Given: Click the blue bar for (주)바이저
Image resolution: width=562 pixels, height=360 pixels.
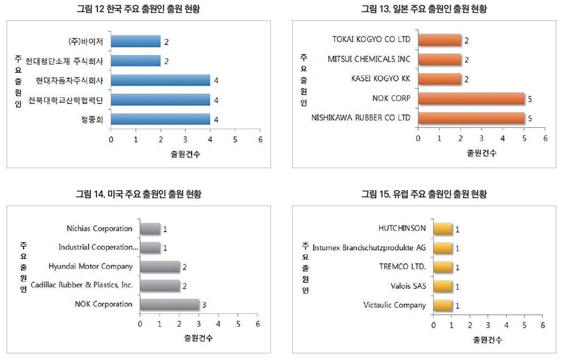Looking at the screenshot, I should tap(135, 42).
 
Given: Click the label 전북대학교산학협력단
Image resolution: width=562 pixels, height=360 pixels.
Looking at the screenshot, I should tap(66, 100).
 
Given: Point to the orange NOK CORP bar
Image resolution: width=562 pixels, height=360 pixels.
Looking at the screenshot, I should tap(471, 99).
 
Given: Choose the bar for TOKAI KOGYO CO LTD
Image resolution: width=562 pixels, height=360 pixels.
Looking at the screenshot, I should tap(439, 40).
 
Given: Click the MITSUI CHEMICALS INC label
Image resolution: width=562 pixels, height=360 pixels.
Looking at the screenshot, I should tap(369, 59).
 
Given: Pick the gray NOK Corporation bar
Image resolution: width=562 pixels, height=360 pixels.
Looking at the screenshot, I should tap(169, 304).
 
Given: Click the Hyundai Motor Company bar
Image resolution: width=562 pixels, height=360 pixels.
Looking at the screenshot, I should tap(160, 266).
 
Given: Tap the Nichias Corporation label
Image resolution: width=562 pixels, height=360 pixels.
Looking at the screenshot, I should tap(99, 229).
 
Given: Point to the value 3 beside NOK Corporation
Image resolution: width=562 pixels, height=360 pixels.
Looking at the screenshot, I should tap(204, 305).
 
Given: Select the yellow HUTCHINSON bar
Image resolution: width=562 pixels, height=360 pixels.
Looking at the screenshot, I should tap(442, 229).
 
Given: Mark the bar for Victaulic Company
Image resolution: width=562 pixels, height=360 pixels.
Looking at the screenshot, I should tap(442, 305).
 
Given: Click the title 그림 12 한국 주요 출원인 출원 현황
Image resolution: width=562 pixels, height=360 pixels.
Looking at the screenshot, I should tap(138, 9).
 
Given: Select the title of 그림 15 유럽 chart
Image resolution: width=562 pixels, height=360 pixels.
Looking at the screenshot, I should tap(424, 194).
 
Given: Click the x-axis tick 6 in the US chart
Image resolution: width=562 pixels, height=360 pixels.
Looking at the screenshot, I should tap(257, 324).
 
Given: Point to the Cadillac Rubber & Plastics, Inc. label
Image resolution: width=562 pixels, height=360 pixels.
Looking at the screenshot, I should tap(82, 285).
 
